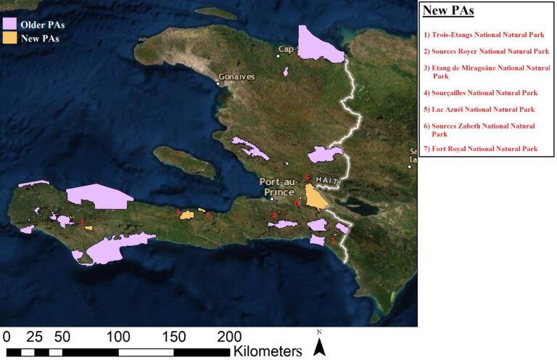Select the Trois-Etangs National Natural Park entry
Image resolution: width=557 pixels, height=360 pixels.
pyautogui.click(x=482, y=34)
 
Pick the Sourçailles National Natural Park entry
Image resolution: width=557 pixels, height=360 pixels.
pyautogui.click(x=480, y=93)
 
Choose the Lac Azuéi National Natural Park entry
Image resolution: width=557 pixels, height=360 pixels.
pyautogui.click(x=479, y=110)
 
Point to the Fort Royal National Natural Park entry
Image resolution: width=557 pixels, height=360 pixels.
pyautogui.click(x=480, y=148)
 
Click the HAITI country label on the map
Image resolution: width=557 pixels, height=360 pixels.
pyautogui.click(x=327, y=179)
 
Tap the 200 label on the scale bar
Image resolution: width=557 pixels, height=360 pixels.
pyautogui.click(x=229, y=337)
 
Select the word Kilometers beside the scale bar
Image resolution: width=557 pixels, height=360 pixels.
pyautogui.click(x=267, y=351)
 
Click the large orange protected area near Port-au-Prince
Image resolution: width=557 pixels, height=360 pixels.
pyautogui.click(x=315, y=197)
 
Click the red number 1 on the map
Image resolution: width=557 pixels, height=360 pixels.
pyautogui.click(x=82, y=220)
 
